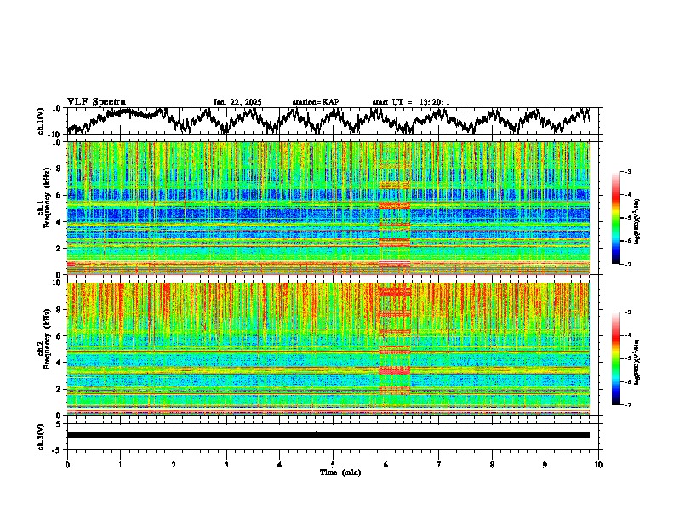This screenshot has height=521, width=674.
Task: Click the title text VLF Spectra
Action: (96, 101)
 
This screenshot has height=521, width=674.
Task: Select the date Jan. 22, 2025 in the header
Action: (237, 102)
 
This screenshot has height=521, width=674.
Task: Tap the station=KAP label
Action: (315, 102)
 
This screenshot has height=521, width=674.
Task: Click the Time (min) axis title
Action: (339, 472)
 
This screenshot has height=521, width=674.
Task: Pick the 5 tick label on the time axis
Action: (333, 464)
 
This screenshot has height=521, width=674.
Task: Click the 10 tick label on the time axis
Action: (598, 464)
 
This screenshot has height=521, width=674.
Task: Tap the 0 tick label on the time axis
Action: (67, 464)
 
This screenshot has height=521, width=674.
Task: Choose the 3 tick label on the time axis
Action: (226, 464)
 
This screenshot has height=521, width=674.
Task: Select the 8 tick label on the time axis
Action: (492, 464)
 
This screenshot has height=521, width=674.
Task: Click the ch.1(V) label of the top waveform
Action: (40, 121)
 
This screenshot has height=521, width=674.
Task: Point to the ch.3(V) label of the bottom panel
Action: (40, 435)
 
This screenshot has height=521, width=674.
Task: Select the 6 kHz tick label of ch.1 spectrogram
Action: (59, 196)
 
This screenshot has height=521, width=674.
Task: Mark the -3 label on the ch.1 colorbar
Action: (628, 173)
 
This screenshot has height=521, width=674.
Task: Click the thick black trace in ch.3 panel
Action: (328, 435)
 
